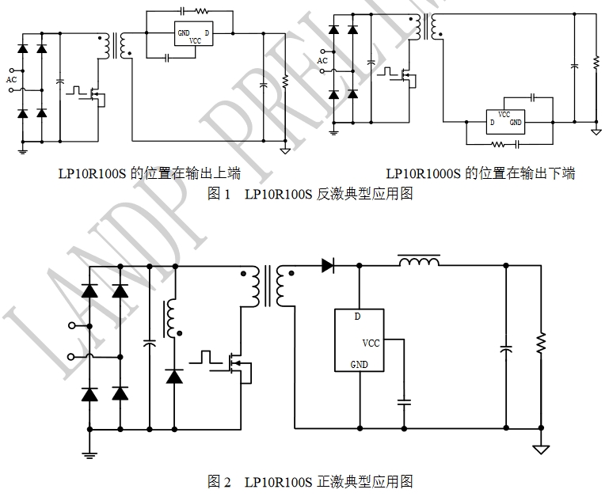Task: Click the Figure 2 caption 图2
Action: click(x=219, y=480)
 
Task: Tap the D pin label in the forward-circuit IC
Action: click(x=357, y=317)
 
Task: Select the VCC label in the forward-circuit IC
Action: click(x=371, y=343)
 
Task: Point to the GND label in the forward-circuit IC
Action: click(x=359, y=365)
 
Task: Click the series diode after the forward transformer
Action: click(x=328, y=266)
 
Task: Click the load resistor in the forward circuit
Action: click(x=542, y=344)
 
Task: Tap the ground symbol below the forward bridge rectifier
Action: click(x=89, y=453)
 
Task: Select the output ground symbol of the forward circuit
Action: click(x=542, y=448)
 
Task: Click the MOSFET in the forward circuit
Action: click(x=238, y=365)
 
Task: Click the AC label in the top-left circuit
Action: click(x=11, y=79)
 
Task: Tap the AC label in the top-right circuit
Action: click(x=322, y=60)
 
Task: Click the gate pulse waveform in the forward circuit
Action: click(x=207, y=355)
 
